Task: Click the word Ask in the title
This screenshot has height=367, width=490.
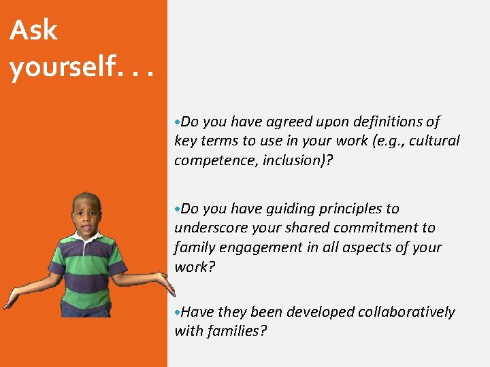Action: [x=33, y=31]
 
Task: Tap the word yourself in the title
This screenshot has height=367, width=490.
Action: [x=57, y=67]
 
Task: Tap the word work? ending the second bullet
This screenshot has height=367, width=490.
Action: [x=195, y=266]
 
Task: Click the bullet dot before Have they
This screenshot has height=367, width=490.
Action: [x=177, y=312]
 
